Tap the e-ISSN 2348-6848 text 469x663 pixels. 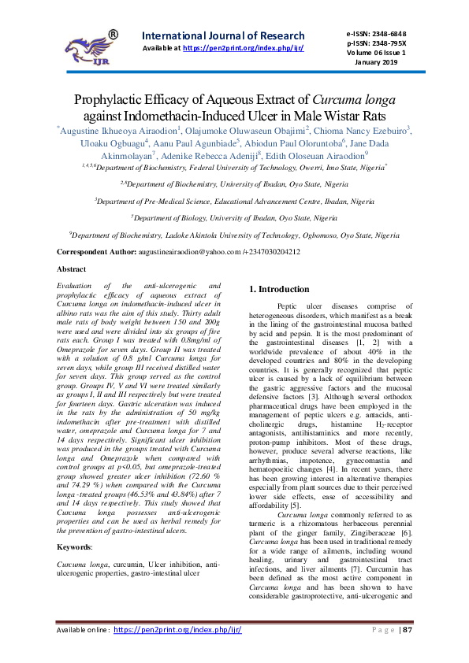coord(376,34)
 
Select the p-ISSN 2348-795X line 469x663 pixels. coord(376,43)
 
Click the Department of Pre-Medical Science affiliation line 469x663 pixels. coord(233,201)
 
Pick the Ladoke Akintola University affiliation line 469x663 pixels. coord(234,235)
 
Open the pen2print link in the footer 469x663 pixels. coord(177,630)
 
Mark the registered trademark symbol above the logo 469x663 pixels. coord(112,35)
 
